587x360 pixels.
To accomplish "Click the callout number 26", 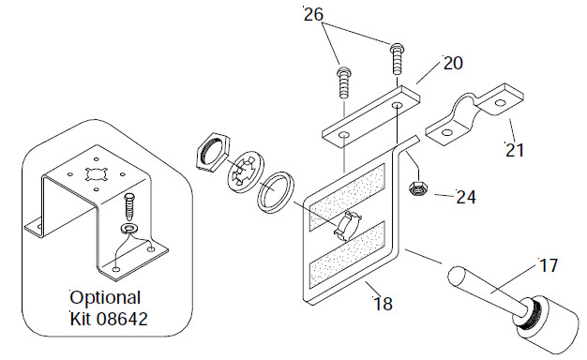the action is [x=313, y=15].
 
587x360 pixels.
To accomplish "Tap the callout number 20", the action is [x=453, y=63].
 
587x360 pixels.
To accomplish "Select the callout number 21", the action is [x=515, y=150].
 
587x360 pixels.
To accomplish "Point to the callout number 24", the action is [x=466, y=197].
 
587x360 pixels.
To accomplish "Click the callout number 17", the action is [x=549, y=265].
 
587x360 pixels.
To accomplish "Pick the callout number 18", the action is [x=384, y=304].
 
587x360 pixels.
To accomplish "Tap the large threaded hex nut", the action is [x=213, y=152].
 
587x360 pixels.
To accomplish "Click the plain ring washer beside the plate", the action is [x=276, y=192].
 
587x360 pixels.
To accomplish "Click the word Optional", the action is [x=105, y=299].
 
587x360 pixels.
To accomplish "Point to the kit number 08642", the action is [x=122, y=319].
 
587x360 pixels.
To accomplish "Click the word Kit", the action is [x=81, y=319].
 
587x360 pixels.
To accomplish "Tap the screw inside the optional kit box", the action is [x=129, y=206].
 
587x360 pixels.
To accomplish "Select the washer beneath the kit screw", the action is [x=129, y=228].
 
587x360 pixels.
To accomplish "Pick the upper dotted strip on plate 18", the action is [x=347, y=197].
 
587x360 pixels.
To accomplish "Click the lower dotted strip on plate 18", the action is [x=347, y=255].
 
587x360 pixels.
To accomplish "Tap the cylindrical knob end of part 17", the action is [x=550, y=325].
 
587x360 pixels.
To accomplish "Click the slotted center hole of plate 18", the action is [x=348, y=225].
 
